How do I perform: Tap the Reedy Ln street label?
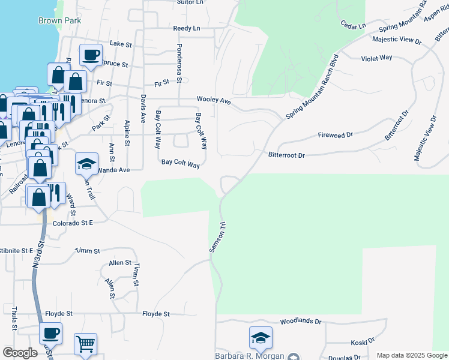click(186, 28)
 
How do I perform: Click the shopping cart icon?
click(85, 344)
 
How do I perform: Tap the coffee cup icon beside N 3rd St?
click(50, 334)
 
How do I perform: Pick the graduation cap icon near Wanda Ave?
click(86, 163)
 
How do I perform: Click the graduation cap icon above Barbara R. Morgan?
click(261, 338)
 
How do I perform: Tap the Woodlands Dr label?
click(301, 322)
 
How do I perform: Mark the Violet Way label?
click(376, 58)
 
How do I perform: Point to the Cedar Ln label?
click(353, 26)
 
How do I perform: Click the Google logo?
click(20, 353)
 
